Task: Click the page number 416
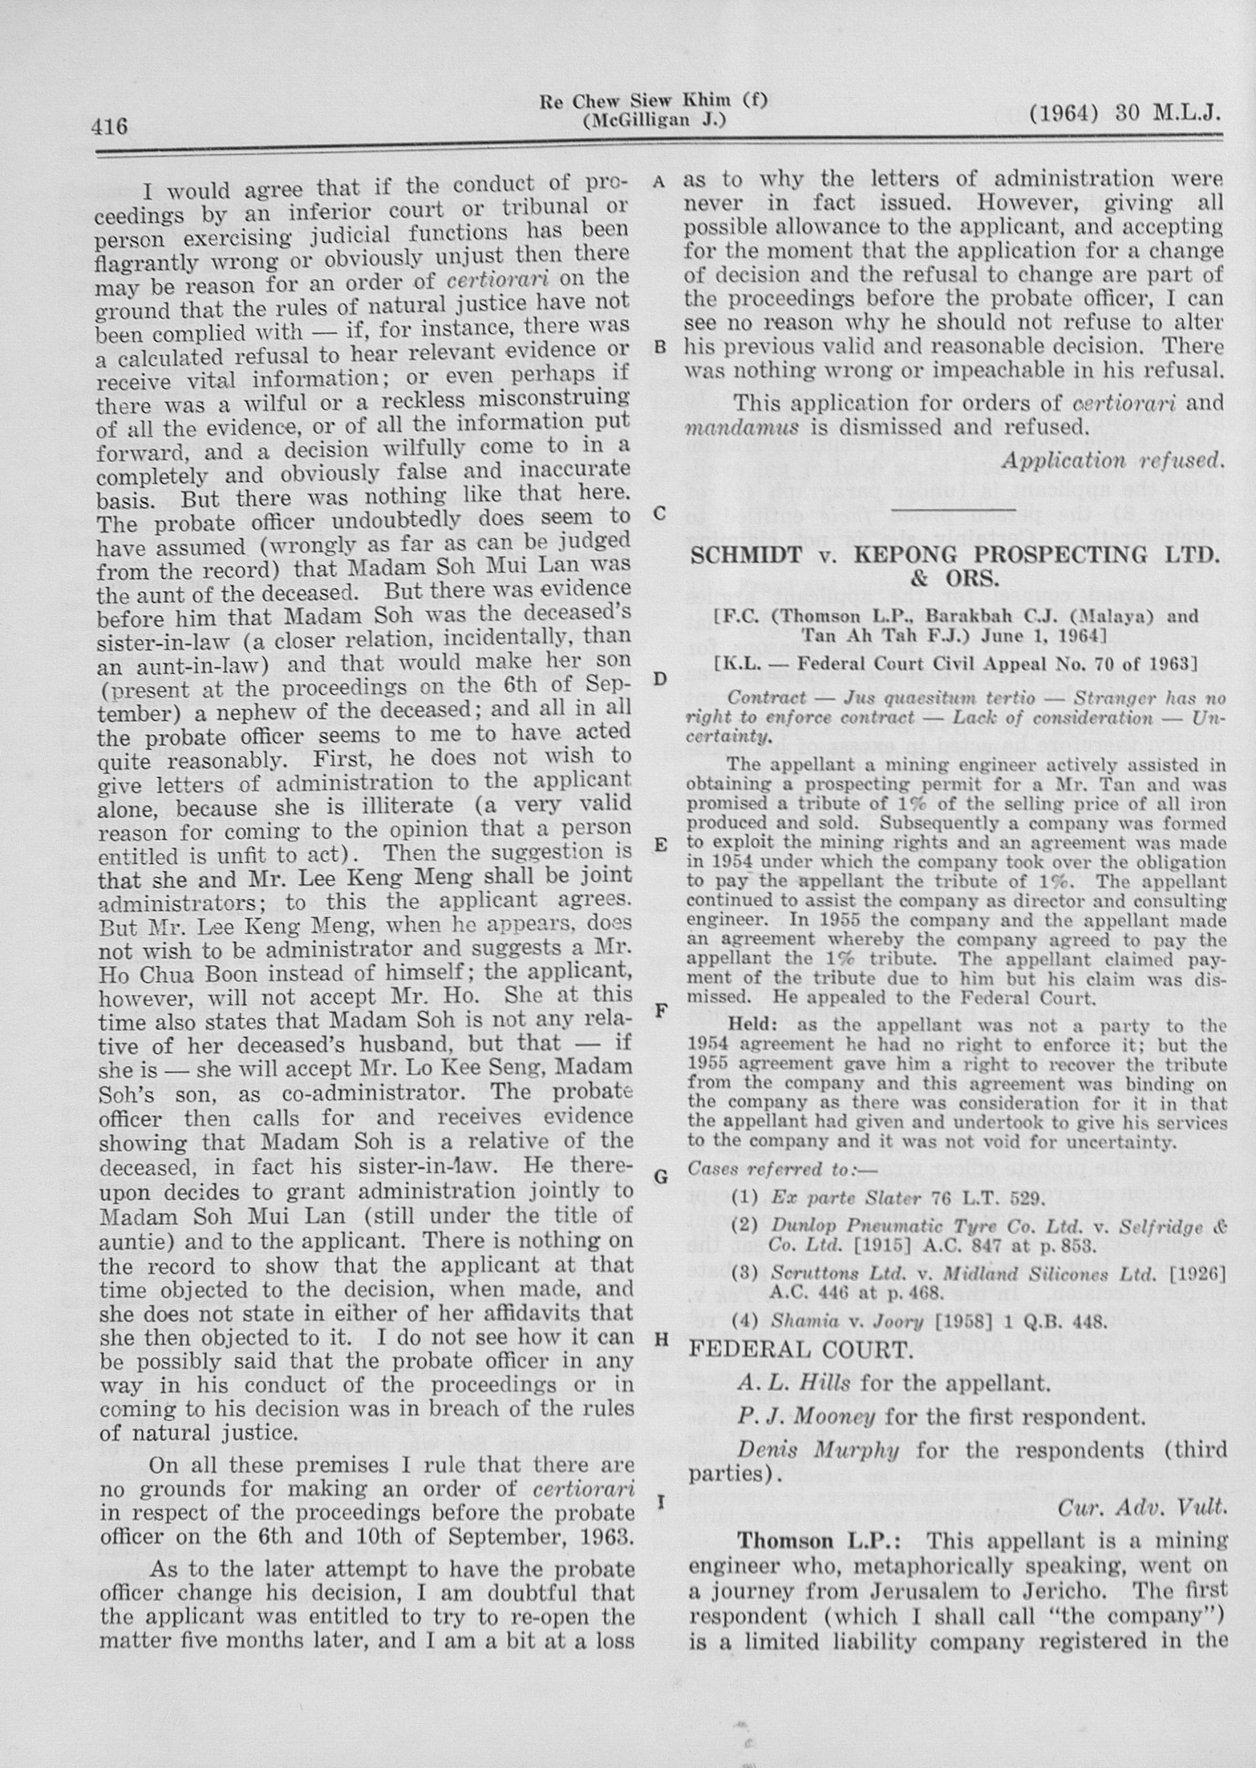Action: point(109,127)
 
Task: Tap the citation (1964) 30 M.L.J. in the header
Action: point(1124,114)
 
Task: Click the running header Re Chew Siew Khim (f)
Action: point(654,101)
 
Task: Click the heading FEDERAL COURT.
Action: point(801,1348)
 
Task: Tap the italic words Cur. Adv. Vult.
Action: point(1143,1507)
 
